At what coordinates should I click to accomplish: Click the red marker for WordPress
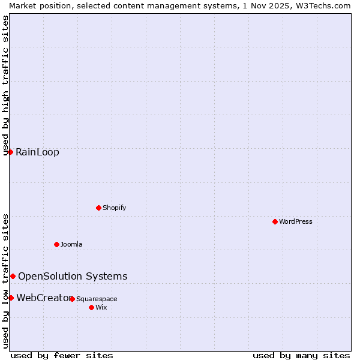click(275, 221)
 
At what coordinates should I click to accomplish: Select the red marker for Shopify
click(98, 208)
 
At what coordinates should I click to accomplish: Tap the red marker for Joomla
click(56, 244)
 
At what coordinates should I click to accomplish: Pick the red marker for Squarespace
click(72, 299)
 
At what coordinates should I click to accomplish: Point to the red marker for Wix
click(91, 307)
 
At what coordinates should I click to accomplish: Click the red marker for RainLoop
click(10, 152)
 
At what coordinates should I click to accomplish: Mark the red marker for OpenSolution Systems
click(13, 276)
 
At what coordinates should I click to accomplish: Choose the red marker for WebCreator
click(11, 298)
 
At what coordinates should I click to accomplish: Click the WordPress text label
click(296, 221)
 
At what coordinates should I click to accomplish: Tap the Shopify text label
click(114, 208)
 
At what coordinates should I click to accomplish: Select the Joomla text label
click(71, 244)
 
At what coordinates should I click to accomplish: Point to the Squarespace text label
click(97, 299)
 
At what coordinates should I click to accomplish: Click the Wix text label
click(101, 307)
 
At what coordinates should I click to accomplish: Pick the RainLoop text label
click(37, 152)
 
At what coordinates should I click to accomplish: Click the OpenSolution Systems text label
click(73, 276)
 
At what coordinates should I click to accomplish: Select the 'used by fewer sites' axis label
click(62, 355)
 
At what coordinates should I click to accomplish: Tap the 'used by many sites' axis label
click(301, 355)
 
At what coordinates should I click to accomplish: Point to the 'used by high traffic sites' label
click(5, 85)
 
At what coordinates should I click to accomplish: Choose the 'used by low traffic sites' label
click(5, 280)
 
